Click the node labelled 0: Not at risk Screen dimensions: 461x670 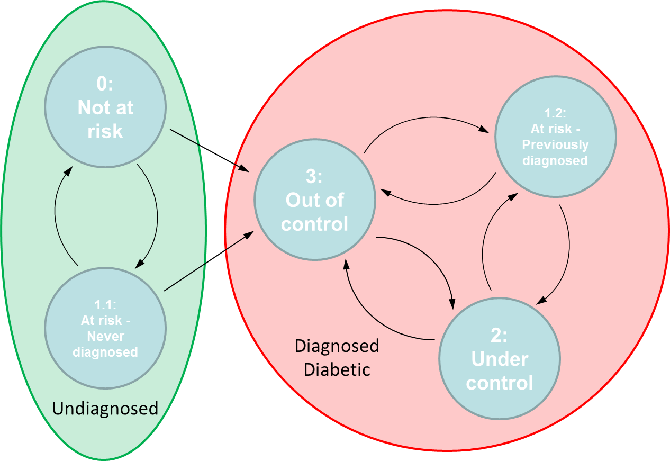105,107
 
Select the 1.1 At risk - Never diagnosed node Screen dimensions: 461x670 105,328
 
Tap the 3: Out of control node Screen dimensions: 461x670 315,200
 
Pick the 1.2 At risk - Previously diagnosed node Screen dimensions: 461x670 555,136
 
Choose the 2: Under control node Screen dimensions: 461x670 499,358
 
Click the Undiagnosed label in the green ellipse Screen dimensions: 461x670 105,408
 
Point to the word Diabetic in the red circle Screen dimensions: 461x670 337,369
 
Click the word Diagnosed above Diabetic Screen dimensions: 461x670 337,346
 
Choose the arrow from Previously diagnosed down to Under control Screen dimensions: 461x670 568,249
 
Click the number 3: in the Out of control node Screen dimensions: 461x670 315,177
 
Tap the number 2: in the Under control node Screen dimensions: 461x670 499,335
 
